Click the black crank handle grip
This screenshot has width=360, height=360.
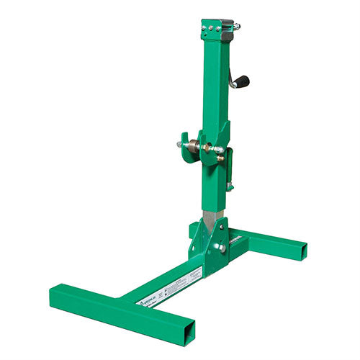[242, 81]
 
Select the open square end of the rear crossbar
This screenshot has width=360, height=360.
[302, 251]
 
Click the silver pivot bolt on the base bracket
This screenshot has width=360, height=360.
[222, 247]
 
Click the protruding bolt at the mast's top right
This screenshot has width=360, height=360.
[236, 27]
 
